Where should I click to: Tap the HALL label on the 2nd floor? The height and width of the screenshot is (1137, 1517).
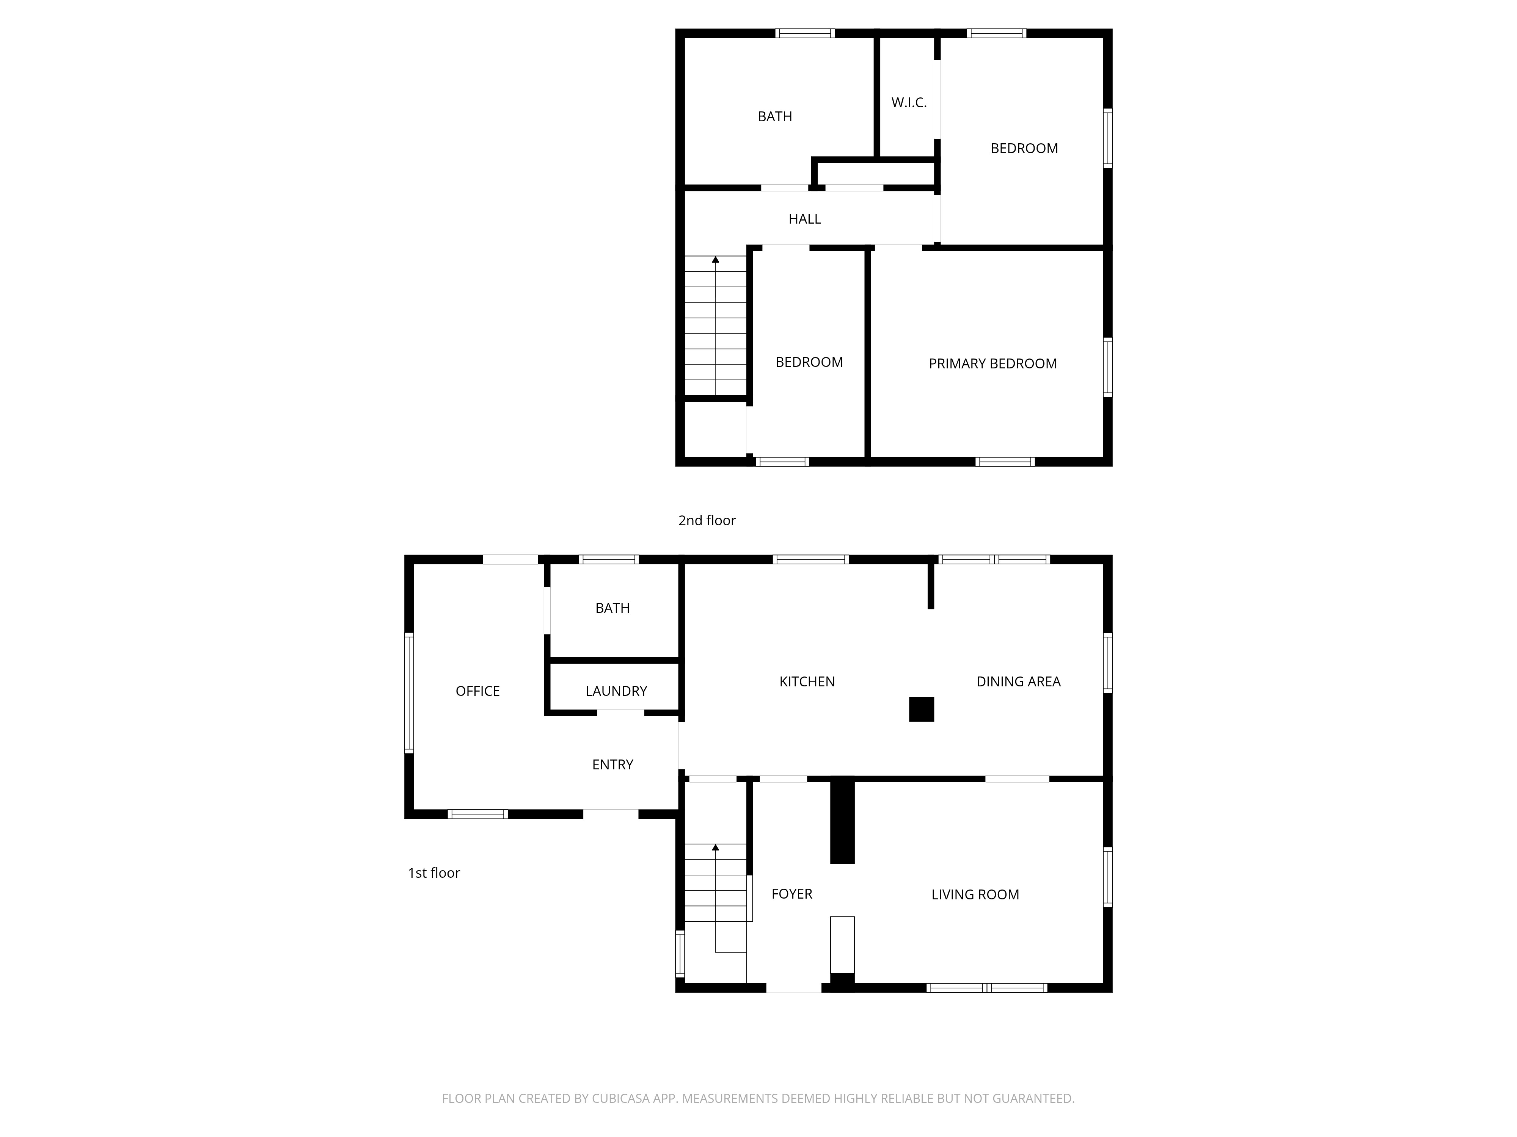(x=804, y=219)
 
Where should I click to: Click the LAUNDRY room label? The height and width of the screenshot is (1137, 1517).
(x=616, y=691)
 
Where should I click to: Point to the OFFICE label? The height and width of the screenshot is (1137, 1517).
(x=477, y=691)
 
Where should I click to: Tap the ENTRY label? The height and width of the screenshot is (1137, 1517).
(x=612, y=764)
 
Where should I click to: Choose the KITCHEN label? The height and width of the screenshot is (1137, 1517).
(x=807, y=681)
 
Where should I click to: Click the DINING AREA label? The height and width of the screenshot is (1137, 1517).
(x=1018, y=681)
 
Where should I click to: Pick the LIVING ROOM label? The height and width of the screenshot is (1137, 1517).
(x=975, y=894)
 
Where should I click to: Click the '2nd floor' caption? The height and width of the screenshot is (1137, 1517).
(x=707, y=520)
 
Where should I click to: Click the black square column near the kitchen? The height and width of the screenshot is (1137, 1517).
(x=922, y=709)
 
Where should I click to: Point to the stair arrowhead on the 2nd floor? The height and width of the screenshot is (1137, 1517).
(x=715, y=260)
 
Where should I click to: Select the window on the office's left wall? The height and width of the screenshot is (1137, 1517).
(x=410, y=692)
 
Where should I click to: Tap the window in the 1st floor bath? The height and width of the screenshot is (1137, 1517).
(x=609, y=559)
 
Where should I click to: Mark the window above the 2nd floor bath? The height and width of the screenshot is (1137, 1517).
(x=805, y=33)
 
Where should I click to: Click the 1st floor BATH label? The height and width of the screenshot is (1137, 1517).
(x=612, y=608)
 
